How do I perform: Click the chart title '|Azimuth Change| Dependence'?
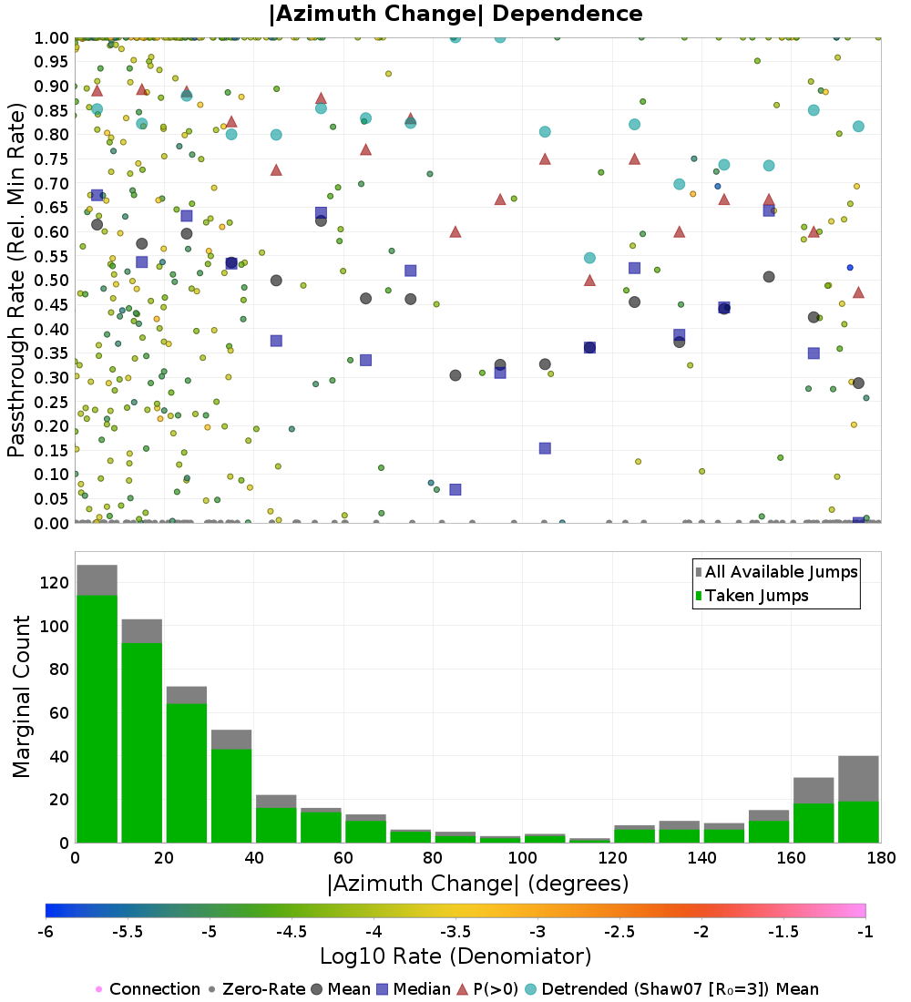click(x=455, y=15)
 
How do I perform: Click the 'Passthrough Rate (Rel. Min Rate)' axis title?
click(x=16, y=280)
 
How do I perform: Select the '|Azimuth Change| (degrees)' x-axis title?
click(x=477, y=883)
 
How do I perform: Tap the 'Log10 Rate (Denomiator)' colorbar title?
click(x=455, y=956)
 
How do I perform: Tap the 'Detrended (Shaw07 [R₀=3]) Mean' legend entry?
click(x=680, y=989)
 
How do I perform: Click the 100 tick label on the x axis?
click(x=522, y=858)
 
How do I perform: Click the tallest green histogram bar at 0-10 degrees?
click(x=97, y=720)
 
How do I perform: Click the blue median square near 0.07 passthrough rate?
click(x=455, y=489)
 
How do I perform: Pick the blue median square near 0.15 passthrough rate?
click(x=545, y=448)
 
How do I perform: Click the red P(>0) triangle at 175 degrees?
click(x=858, y=292)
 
